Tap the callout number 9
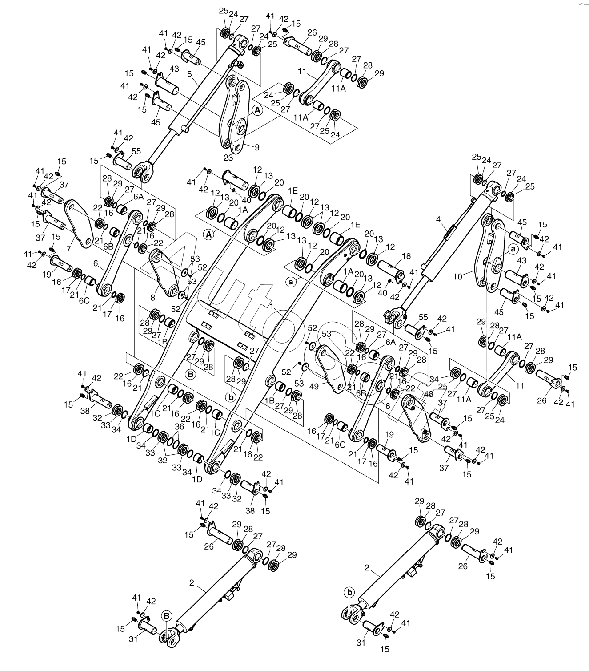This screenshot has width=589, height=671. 257,147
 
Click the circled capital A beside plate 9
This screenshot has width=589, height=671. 258,110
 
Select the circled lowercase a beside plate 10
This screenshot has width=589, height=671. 513,249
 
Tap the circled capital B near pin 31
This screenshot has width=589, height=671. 166,616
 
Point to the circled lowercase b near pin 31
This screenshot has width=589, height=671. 350,592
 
